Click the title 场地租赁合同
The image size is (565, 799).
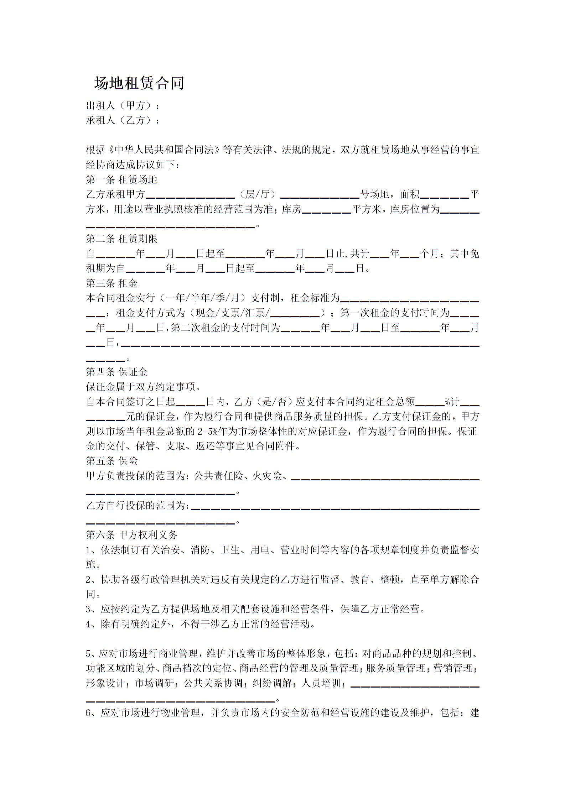point(139,83)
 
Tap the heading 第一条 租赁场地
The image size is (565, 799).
point(121,179)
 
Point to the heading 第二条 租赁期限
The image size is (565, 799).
point(121,239)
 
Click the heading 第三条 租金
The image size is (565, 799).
point(112,283)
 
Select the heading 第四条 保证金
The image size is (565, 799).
point(116,372)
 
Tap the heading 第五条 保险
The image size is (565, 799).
point(112,461)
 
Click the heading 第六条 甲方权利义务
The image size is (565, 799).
point(131,535)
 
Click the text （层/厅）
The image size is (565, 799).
point(258,194)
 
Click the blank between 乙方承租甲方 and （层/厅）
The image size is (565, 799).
point(190,196)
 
